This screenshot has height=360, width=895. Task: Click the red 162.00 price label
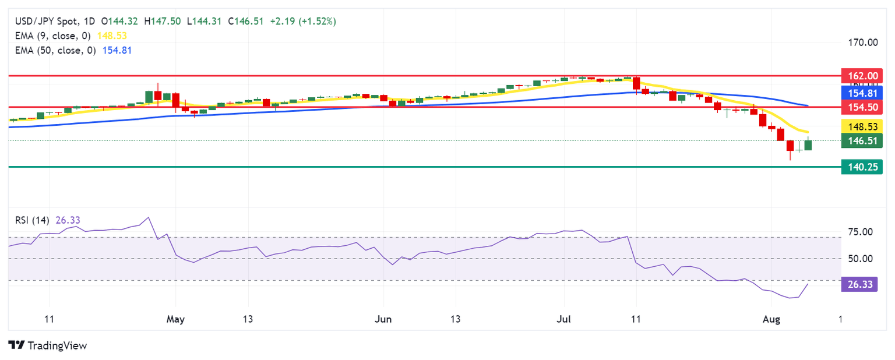coord(862,76)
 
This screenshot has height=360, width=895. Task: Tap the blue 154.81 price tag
coord(862,92)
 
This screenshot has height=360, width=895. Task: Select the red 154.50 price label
coord(862,107)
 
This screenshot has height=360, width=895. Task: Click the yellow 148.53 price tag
coord(862,125)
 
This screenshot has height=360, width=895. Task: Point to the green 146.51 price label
coord(862,140)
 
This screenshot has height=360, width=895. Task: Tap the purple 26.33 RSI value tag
coord(859,285)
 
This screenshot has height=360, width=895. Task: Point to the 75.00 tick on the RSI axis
coord(859,232)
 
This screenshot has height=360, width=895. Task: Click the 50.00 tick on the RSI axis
coord(859,258)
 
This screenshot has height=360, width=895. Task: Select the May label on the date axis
coord(175,320)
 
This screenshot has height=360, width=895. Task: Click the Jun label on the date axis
coord(383,320)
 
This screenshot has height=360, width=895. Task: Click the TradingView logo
coord(48,345)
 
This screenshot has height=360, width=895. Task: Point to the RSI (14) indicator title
coord(32,220)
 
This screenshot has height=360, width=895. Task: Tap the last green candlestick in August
coord(808,145)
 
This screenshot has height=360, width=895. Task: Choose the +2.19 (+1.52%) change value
coord(303,21)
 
